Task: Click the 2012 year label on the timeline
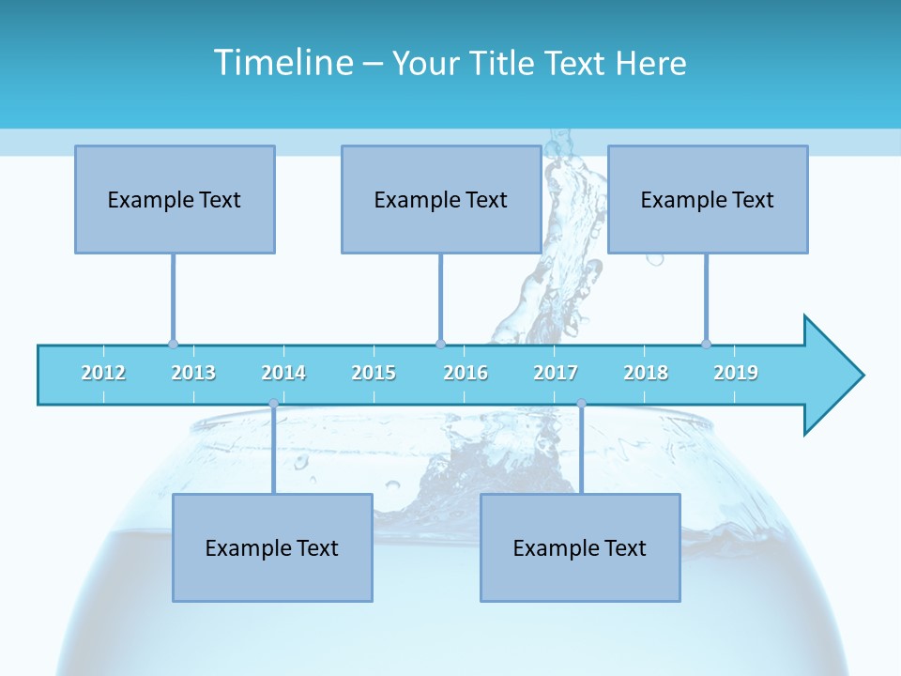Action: click(x=103, y=373)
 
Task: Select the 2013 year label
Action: click(x=193, y=373)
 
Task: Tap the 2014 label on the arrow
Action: click(x=283, y=373)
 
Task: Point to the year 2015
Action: click(x=374, y=373)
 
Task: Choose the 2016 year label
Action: click(x=466, y=373)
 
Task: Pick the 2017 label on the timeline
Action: click(x=556, y=373)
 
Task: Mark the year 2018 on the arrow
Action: click(x=646, y=373)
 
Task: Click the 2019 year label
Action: click(x=736, y=373)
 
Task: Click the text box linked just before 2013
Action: click(x=175, y=199)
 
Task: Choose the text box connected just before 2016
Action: click(x=441, y=199)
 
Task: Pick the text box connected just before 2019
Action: click(x=708, y=199)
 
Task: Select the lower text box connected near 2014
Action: click(x=272, y=547)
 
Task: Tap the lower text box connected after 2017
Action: click(x=580, y=547)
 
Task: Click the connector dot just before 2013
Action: click(x=173, y=344)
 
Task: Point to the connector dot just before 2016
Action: click(x=440, y=344)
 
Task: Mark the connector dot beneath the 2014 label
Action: click(x=273, y=404)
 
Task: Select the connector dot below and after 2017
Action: click(x=581, y=404)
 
